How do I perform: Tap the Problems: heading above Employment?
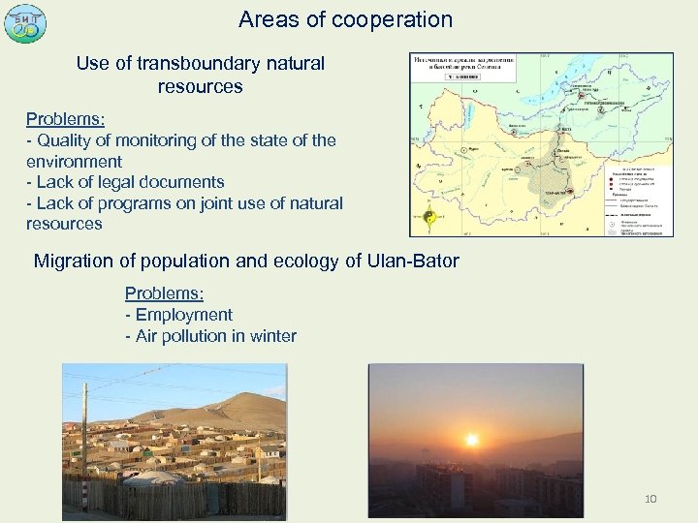[166, 293]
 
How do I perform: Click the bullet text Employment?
[184, 315]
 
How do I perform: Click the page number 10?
[650, 499]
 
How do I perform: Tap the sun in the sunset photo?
[472, 439]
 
